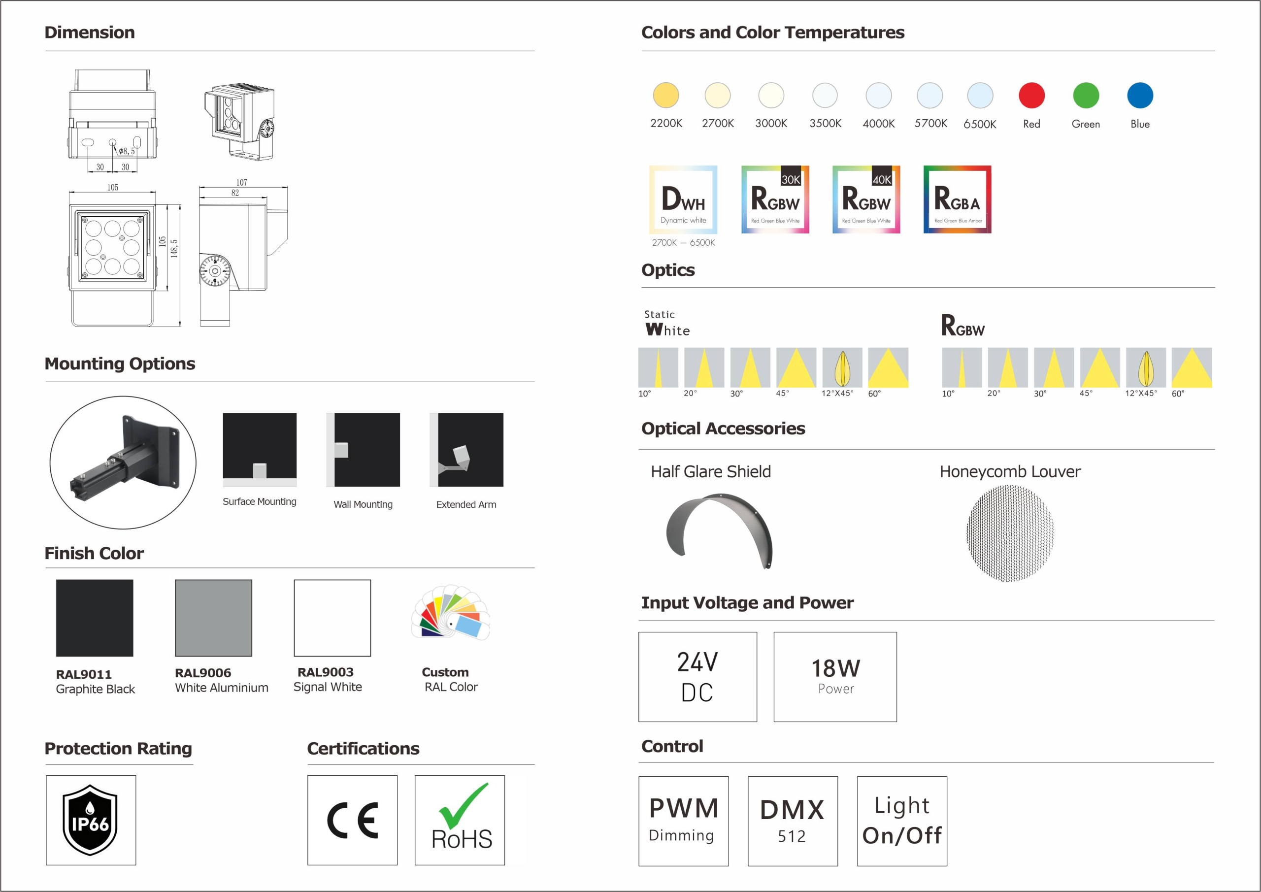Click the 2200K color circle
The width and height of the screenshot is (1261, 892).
[x=665, y=96]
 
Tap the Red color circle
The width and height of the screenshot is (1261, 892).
[x=1031, y=96]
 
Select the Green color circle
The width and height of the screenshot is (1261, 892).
[x=1086, y=96]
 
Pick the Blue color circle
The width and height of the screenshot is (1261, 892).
[x=1140, y=96]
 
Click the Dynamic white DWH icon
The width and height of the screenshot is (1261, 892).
[x=683, y=199]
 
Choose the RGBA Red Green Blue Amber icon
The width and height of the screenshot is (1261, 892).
[x=957, y=199]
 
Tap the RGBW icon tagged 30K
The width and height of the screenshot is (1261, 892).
[x=775, y=199]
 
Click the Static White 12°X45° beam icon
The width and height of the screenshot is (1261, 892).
[x=842, y=367]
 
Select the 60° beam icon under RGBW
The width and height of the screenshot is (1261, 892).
[x=1192, y=367]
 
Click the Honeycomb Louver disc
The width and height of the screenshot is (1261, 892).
[x=1010, y=533]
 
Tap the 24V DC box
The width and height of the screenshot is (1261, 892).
[x=697, y=677]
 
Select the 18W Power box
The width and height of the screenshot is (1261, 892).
[x=835, y=677]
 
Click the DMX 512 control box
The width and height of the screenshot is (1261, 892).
[x=793, y=821]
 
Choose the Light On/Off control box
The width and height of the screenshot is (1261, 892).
[x=902, y=821]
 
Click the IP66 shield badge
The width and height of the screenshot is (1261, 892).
[x=91, y=820]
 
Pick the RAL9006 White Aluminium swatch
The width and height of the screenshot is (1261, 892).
[x=214, y=618]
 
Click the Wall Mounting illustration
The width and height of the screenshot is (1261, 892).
[x=363, y=450]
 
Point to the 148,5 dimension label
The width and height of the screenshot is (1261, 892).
[x=174, y=248]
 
